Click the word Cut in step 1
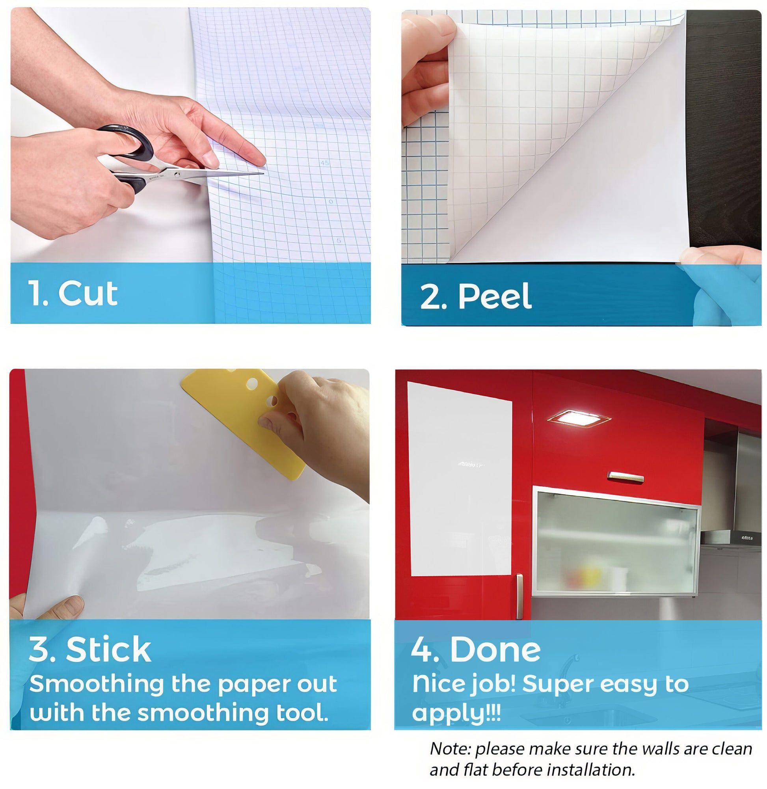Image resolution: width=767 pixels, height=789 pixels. tap(88, 293)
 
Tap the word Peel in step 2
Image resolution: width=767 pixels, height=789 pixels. tap(495, 296)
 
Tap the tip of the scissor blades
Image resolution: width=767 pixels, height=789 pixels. tap(263, 173)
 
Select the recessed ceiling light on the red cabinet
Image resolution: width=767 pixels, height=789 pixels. tap(579, 419)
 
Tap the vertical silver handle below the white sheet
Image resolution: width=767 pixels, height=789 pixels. tap(519, 596)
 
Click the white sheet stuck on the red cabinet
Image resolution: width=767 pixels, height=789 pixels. tap(460, 479)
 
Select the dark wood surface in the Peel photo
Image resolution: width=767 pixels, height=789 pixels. tap(724, 129)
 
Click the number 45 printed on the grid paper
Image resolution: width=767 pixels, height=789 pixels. tap(325, 163)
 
